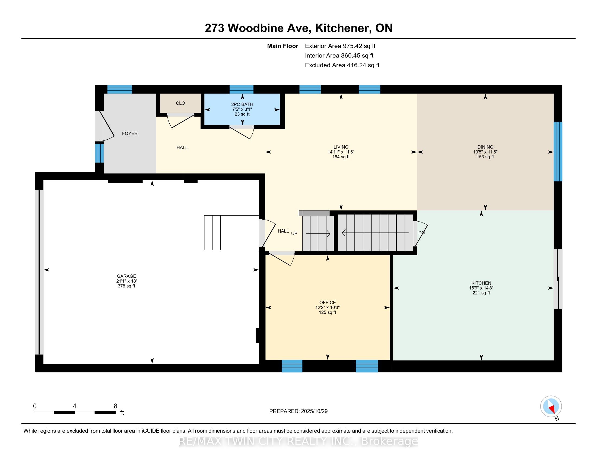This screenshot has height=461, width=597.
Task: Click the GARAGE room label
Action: click(126, 276)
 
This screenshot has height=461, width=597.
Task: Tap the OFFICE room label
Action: click(328, 302)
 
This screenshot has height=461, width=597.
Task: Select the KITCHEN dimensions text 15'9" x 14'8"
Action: click(481, 288)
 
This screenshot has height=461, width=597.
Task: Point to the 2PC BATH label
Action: click(242, 104)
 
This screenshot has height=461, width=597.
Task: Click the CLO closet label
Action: click(180, 103)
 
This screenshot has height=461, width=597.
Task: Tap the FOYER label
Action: click(129, 133)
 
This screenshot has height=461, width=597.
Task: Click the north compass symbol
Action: click(551, 406)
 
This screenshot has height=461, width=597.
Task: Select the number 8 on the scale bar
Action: click(115, 406)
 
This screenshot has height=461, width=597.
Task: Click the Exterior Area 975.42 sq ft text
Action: click(340, 46)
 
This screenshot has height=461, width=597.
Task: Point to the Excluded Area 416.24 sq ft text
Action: click(342, 65)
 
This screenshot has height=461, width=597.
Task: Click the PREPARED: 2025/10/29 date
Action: click(298, 411)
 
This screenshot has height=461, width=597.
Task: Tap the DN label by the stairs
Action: click(421, 233)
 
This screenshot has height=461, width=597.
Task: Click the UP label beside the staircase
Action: click(294, 233)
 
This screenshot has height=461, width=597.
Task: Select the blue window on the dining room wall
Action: click(558, 152)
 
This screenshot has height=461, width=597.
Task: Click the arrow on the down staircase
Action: click(376, 233)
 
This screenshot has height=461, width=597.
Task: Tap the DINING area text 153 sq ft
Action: click(485, 157)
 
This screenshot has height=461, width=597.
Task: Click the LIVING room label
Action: click(341, 147)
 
